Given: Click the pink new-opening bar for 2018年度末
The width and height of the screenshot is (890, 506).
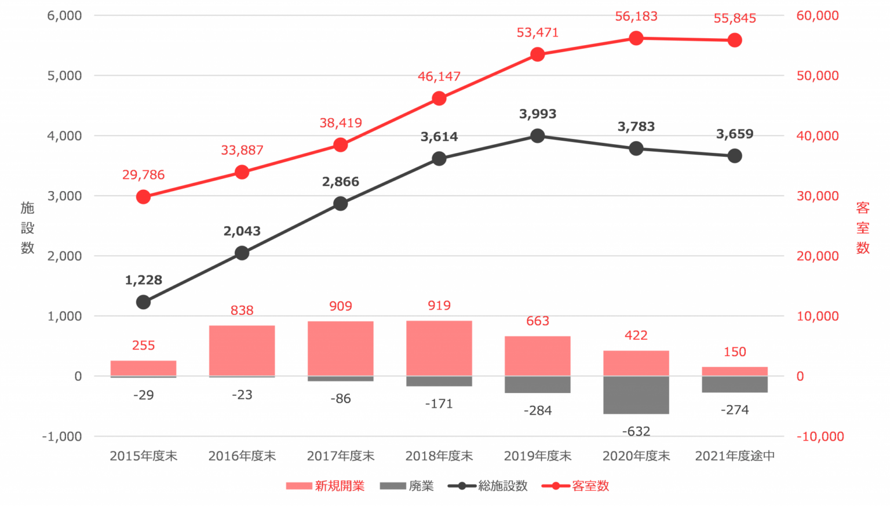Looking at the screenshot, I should click(x=439, y=348).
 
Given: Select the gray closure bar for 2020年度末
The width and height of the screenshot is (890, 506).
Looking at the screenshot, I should click(x=636, y=395).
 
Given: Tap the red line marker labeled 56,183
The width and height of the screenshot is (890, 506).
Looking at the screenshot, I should click(x=636, y=38).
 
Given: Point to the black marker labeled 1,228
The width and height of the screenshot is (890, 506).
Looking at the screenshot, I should click(x=144, y=302).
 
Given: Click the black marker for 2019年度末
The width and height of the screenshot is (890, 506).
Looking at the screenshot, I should click(x=538, y=136).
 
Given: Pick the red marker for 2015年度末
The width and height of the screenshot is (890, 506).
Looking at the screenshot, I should click(x=144, y=197).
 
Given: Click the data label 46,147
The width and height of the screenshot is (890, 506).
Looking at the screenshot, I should click(x=439, y=76).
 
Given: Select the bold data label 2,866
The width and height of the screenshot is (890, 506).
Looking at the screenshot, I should click(x=341, y=182).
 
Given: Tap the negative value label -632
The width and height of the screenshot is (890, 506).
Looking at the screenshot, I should click(x=636, y=431).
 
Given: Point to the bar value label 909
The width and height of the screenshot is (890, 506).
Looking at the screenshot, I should click(x=341, y=306).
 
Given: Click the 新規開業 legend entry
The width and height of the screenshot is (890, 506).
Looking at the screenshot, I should click(x=326, y=486).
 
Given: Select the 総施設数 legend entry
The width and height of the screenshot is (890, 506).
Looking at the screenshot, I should click(x=488, y=486).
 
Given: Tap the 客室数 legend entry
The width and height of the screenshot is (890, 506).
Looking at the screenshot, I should click(x=575, y=486).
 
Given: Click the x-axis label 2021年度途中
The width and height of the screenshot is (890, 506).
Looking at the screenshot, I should click(x=735, y=456).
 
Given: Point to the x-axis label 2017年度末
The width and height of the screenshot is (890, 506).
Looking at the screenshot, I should click(x=341, y=456).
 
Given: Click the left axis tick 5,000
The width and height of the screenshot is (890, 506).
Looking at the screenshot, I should click(x=64, y=76).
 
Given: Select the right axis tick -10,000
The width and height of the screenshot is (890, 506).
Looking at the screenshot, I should click(x=820, y=437).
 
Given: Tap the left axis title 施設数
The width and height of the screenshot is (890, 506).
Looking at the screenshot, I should click(x=27, y=228).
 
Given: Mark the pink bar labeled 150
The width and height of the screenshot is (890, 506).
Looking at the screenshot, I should click(x=735, y=371).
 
